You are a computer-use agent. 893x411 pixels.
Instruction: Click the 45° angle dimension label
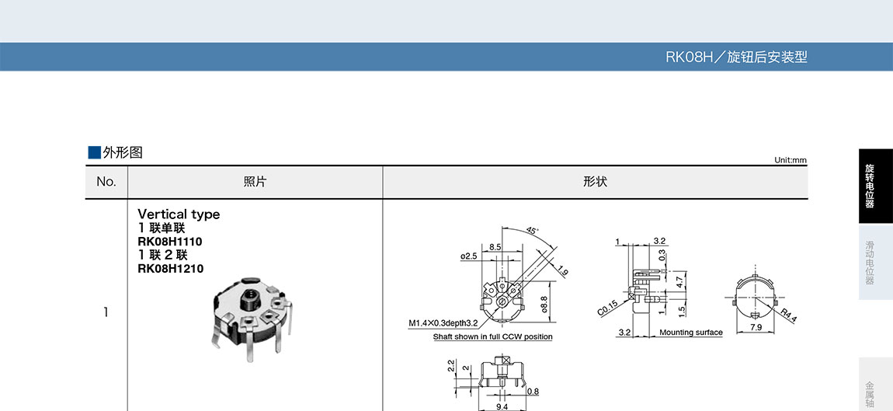pyautogui.click(x=531, y=231)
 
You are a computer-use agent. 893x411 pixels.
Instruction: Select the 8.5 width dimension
pyautogui.click(x=495, y=247)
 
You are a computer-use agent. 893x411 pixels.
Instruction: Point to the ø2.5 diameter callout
pyautogui.click(x=469, y=256)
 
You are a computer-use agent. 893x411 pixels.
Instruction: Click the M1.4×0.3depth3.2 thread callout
pyautogui.click(x=443, y=323)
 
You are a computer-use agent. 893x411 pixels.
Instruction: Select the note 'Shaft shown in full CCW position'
pyautogui.click(x=492, y=337)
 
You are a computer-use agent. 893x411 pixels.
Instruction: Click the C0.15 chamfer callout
pyautogui.click(x=608, y=308)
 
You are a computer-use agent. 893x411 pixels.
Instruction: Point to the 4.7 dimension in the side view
pyautogui.click(x=679, y=281)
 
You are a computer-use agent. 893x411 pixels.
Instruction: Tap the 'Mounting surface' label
pyautogui.click(x=691, y=333)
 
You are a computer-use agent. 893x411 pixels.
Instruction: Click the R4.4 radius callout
pyautogui.click(x=789, y=315)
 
